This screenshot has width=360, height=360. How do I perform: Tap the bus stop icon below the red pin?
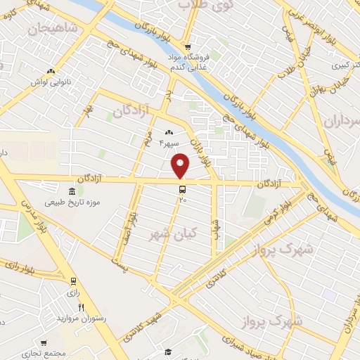click(182, 188)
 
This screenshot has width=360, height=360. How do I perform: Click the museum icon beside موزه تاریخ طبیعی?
click(72, 192)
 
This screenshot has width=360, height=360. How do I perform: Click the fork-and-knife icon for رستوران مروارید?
click(82, 307)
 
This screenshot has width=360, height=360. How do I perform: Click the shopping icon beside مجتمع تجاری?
click(44, 343)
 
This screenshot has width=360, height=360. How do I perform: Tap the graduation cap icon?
click(168, 352)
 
